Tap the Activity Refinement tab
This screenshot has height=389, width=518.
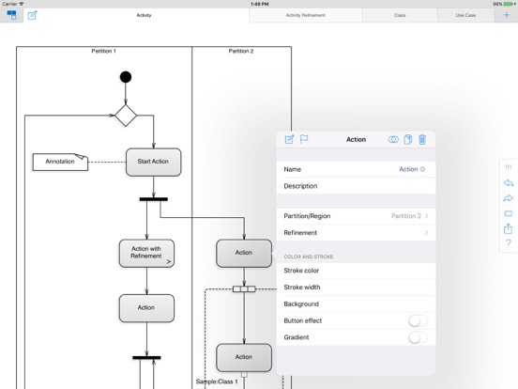pos(305,15)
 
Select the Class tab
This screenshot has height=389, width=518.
pos(400,15)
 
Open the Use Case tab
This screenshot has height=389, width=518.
pos(465,15)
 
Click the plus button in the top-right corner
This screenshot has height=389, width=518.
pos(507,15)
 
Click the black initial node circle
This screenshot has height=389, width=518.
pos(126,77)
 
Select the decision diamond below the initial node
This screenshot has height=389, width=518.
pos(126,116)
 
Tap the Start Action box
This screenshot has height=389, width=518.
pos(153,162)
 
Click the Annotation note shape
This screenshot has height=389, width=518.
pos(60,162)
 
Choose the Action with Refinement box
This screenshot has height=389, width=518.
pos(146,253)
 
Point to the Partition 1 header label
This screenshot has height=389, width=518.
pos(103,52)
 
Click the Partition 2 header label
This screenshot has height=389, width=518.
pos(241,52)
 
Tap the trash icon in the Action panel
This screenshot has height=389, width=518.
pos(422,139)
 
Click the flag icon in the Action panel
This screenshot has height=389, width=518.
pos(304,139)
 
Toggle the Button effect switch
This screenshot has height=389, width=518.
pos(418,320)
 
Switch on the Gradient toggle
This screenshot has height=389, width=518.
pos(418,337)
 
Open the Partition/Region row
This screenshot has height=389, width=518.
pos(356,216)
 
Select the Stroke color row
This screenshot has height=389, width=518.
pos(356,271)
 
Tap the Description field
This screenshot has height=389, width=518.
pos(356,186)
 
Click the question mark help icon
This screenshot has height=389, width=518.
pos(508,243)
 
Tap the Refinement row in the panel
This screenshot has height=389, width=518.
pos(356,233)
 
